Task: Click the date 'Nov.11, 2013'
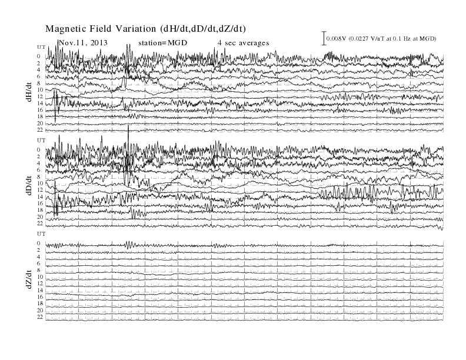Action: coord(83,43)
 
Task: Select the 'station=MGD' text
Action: coord(163,43)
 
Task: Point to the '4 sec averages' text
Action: coord(244,43)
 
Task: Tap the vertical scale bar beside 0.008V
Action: coord(324,38)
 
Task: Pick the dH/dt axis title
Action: coord(29,92)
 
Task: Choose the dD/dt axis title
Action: coord(29,186)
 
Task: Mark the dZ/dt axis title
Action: coord(29,279)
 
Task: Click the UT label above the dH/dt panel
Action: coord(41,47)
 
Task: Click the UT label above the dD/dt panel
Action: coord(41,141)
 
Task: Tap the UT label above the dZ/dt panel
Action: coord(41,234)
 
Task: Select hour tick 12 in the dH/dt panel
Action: coord(40,96)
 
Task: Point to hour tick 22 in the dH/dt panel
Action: coord(40,130)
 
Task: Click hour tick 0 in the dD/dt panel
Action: coord(38,149)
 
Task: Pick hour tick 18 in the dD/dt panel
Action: coord(40,210)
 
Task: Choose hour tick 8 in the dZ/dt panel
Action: coord(38,271)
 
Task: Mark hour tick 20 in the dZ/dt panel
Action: coord(40,311)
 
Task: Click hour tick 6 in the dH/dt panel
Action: coord(38,76)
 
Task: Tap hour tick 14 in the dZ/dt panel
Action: coord(40,290)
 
